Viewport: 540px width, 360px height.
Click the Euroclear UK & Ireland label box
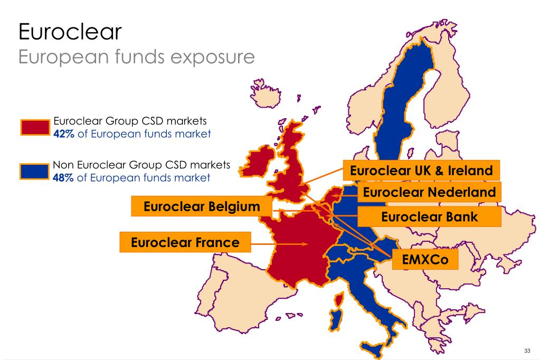[x=421, y=170]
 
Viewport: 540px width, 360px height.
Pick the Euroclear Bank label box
[x=429, y=216]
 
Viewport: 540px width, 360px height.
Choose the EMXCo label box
[x=424, y=259]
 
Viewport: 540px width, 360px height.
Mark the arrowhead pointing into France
[x=305, y=244]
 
